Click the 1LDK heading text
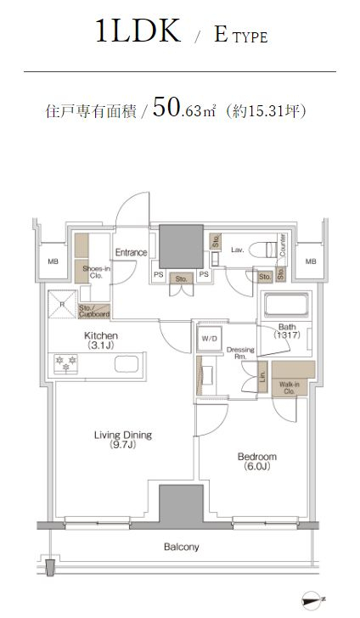pyautogui.click(x=138, y=31)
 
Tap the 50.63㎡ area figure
pyautogui.click(x=184, y=108)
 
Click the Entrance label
pyautogui.click(x=131, y=252)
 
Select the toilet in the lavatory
pyautogui.click(x=264, y=250)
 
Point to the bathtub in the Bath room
pyautogui.click(x=286, y=304)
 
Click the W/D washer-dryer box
pyautogui.click(x=210, y=338)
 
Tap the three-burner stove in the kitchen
pyautogui.click(x=65, y=363)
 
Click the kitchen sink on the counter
pyautogui.click(x=127, y=364)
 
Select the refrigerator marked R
pyautogui.click(x=62, y=304)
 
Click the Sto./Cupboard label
pyautogui.click(x=94, y=311)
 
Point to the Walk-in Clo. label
pyautogui.click(x=289, y=388)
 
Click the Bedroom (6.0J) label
pyautogui.click(x=257, y=462)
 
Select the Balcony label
pyautogui.click(x=181, y=547)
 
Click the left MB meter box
pyautogui.click(x=53, y=261)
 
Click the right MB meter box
pyautogui.click(x=311, y=261)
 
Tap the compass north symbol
pyautogui.click(x=312, y=600)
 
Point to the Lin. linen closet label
pyautogui.click(x=262, y=377)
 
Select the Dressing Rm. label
pyautogui.click(x=239, y=353)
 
